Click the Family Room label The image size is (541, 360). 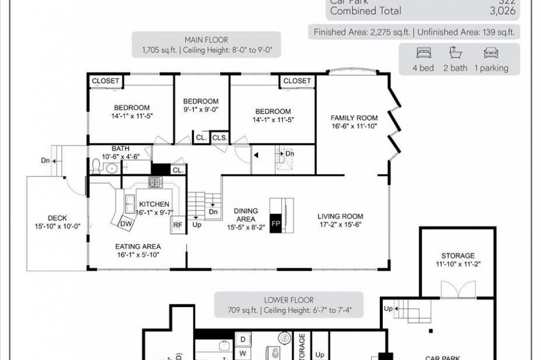[x=354, y=118]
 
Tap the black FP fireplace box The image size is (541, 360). [x=275, y=223]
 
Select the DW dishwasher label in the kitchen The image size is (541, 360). [x=125, y=223]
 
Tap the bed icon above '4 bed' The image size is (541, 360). [x=423, y=52]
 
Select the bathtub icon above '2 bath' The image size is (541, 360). [x=455, y=52]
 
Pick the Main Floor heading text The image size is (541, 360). [x=206, y=40]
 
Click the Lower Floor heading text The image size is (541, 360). [x=288, y=300]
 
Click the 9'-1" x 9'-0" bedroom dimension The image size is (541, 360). [x=200, y=109]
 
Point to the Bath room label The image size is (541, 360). [x=121, y=149]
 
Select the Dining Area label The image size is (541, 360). [x=246, y=211]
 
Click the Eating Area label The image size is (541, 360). [x=138, y=246]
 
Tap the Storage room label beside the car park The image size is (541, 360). [x=457, y=255]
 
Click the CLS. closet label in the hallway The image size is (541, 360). [x=219, y=138]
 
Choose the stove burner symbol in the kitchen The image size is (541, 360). [x=155, y=182]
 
